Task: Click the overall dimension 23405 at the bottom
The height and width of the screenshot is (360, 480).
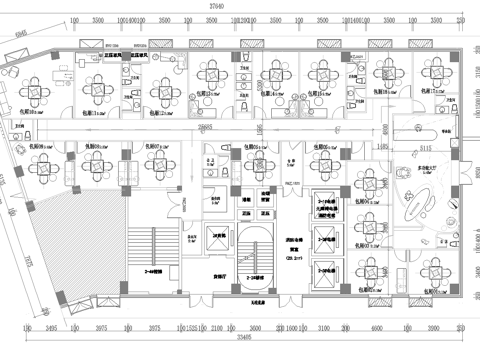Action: click(237, 338)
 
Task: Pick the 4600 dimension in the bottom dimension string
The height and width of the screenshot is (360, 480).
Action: click(358, 326)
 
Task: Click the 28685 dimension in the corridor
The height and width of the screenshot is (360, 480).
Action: click(204, 128)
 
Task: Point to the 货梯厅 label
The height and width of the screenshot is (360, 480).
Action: click(215, 269)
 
